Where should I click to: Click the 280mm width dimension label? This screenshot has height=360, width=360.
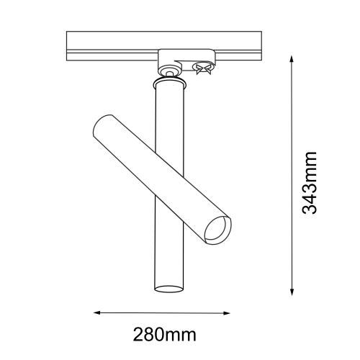(165, 335)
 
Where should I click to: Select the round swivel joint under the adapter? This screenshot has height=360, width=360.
(169, 71)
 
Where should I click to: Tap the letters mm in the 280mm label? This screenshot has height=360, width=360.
(183, 335)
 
